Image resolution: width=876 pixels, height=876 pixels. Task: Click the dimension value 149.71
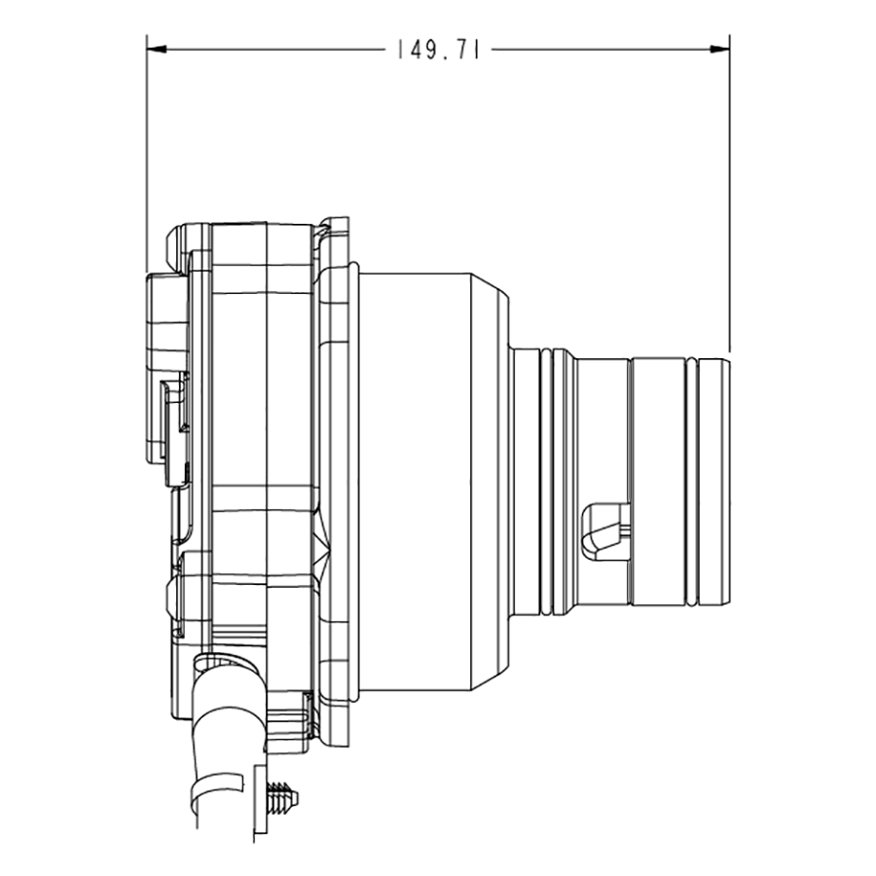coord(439,50)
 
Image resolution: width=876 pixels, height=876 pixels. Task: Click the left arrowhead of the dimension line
coord(157,50)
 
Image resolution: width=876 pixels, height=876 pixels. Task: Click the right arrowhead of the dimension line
coord(719,50)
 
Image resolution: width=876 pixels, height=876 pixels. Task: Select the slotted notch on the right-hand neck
coord(605,531)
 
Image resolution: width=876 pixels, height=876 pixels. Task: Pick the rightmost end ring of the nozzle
coord(714,482)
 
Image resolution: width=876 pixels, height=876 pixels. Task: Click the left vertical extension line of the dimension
coord(147,154)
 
